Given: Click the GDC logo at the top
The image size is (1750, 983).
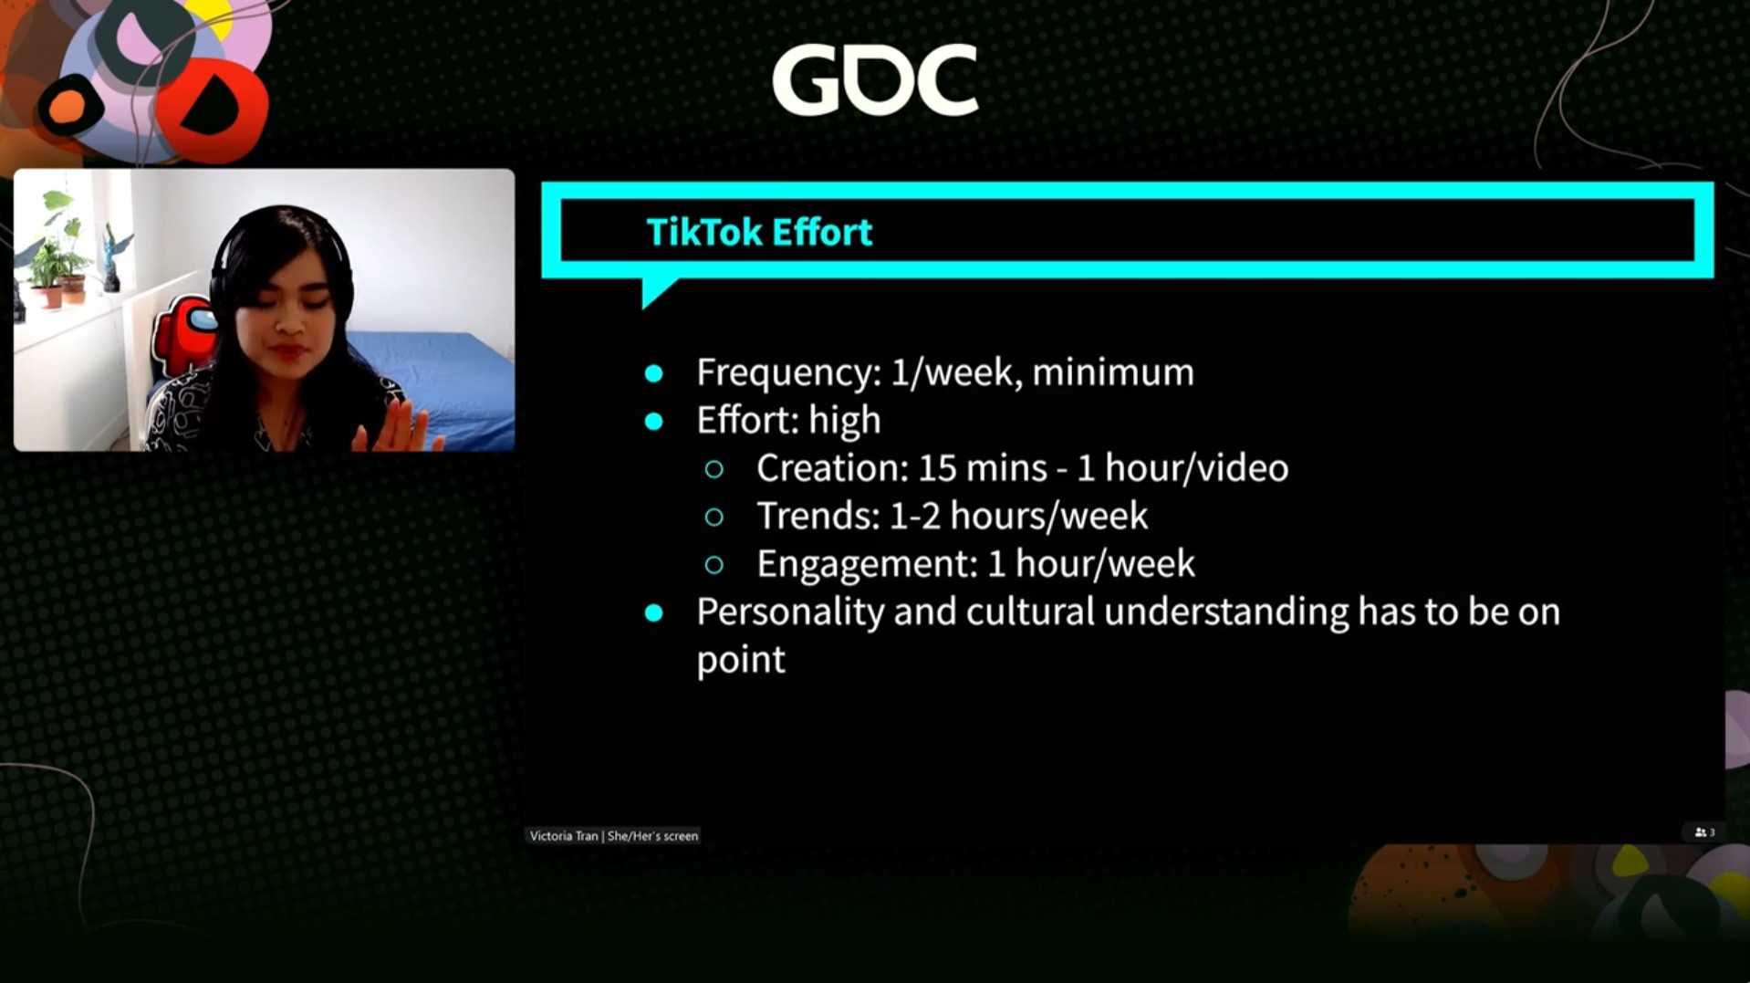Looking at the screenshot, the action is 875,80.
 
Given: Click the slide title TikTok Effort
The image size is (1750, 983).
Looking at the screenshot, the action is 759,232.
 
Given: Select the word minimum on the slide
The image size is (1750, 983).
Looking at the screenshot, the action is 1113,371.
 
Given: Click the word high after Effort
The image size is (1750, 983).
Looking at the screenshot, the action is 845,421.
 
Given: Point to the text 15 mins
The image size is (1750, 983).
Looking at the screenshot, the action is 982,467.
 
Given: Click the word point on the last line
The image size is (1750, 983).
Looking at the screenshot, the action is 741,660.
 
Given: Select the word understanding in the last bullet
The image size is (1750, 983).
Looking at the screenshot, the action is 1226,612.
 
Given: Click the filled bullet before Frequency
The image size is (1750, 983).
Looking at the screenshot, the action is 653,373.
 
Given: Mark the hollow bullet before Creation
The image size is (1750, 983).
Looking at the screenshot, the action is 714,469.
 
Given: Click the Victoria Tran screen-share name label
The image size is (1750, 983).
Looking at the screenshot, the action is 613,835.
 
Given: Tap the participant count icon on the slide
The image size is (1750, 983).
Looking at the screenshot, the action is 1704,832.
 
